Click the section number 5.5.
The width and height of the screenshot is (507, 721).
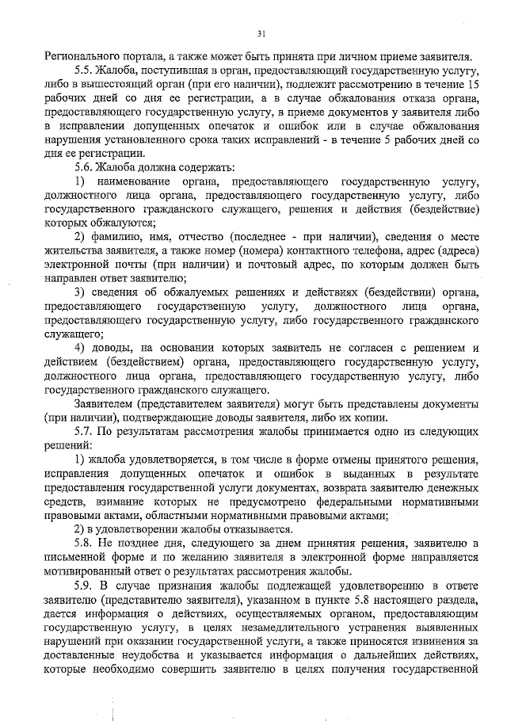(x=85, y=71)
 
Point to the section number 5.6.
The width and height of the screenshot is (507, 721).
(x=85, y=168)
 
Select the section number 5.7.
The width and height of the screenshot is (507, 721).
(x=85, y=432)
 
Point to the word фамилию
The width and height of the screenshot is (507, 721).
(x=121, y=237)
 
